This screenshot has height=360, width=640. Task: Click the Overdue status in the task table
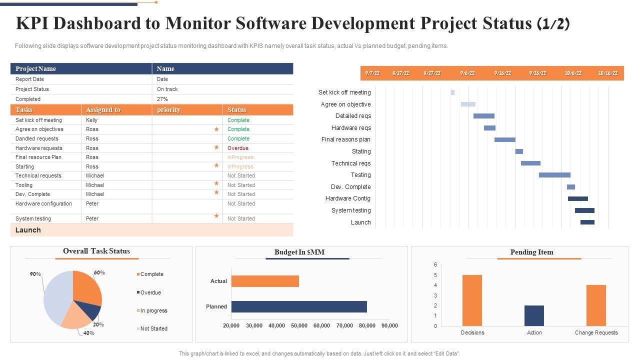[237, 148]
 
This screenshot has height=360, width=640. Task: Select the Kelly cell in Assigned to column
[91, 120]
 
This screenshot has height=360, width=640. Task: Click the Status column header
[237, 109]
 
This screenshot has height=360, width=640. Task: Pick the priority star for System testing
[216, 216]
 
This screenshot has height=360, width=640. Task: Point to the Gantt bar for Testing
[554, 175]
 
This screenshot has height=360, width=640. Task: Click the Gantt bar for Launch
[587, 222]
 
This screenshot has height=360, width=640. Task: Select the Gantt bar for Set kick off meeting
[452, 92]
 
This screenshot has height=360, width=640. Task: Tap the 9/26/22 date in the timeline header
[537, 73]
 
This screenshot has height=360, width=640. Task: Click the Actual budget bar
[265, 281]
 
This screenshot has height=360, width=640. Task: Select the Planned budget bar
[299, 306]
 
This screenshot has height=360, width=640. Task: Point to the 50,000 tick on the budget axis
[299, 325]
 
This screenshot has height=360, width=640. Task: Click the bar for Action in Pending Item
[534, 315]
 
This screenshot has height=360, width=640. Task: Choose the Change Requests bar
[596, 305]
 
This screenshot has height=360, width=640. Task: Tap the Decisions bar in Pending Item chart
[472, 300]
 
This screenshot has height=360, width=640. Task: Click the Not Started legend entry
[153, 328]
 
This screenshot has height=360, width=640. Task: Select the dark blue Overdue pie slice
[92, 311]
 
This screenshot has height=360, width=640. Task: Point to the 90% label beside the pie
[35, 274]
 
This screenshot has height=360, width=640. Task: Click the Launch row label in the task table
[28, 230]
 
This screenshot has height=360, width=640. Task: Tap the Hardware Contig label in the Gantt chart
[348, 198]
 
